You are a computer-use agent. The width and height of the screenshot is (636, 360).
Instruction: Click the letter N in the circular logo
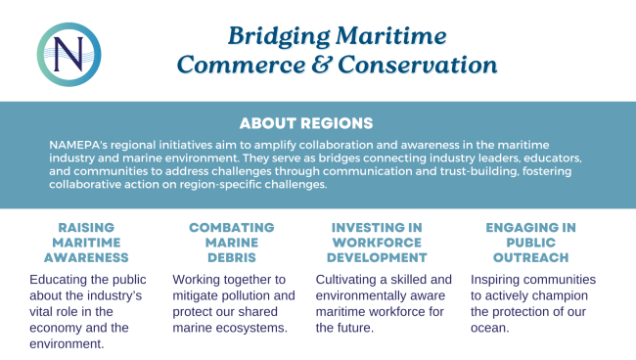[68, 55]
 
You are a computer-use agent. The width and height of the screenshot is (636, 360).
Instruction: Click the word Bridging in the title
[279, 37]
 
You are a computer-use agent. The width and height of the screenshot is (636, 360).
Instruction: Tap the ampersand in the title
[322, 65]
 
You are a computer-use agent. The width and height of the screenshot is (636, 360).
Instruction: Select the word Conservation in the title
[418, 65]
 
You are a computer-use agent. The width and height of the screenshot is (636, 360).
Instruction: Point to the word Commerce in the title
[242, 65]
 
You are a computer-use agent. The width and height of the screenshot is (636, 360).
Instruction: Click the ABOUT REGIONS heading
[306, 123]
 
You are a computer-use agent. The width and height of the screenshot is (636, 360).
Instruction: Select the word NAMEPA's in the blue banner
[78, 145]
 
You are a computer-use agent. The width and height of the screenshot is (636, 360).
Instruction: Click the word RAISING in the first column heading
[86, 227]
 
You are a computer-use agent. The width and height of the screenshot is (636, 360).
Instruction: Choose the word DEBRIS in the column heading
[232, 257]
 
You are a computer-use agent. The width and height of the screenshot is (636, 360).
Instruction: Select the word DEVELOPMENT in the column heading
[377, 257]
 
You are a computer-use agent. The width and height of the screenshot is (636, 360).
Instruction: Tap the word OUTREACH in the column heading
[531, 257]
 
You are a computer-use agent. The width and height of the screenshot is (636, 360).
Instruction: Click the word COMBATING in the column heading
[232, 227]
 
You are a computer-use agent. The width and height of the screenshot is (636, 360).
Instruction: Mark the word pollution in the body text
[245, 295]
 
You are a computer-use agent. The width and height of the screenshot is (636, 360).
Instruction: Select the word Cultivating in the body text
[346, 280]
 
